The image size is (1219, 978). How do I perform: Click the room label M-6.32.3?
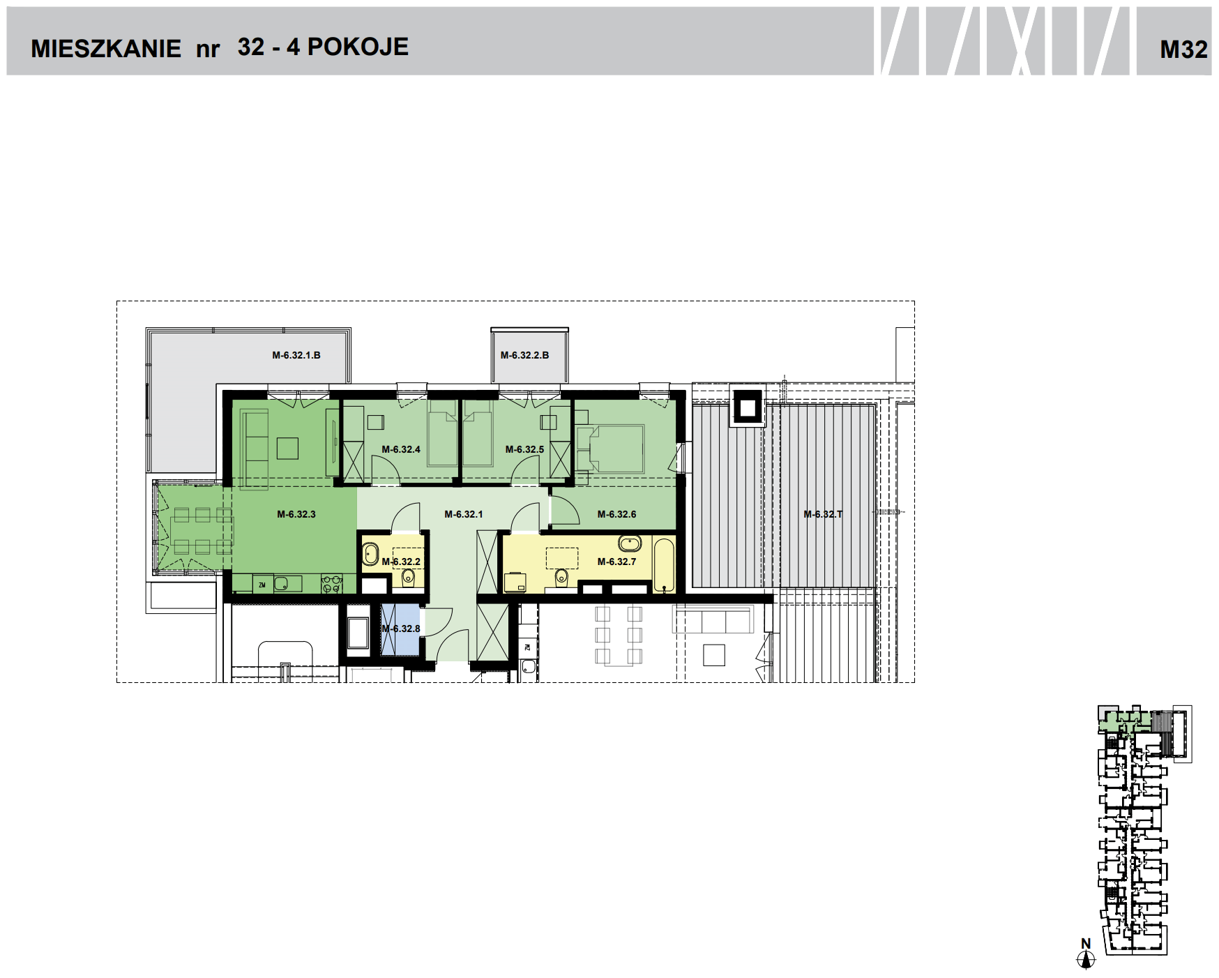296,515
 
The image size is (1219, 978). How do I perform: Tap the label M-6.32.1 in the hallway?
464,515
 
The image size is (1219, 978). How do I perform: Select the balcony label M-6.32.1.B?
296,355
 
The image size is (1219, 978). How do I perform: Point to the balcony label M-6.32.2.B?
524,355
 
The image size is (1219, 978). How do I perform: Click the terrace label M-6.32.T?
823,515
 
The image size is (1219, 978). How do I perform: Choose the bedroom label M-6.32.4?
401,450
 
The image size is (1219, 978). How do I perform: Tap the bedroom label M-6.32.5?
524,450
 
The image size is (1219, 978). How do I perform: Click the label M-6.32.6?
616,515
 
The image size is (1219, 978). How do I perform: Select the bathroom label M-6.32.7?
616,562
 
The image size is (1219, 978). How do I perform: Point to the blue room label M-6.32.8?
401,629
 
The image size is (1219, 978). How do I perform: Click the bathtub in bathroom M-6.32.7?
665,565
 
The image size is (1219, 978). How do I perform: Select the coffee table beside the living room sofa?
287,448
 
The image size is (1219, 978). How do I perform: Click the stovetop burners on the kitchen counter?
331,583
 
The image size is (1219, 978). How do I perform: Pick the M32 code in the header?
1183,49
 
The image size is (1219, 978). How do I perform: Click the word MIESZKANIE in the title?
106,49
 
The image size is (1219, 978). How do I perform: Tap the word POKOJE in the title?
358,47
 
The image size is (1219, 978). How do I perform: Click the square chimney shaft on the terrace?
747,405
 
